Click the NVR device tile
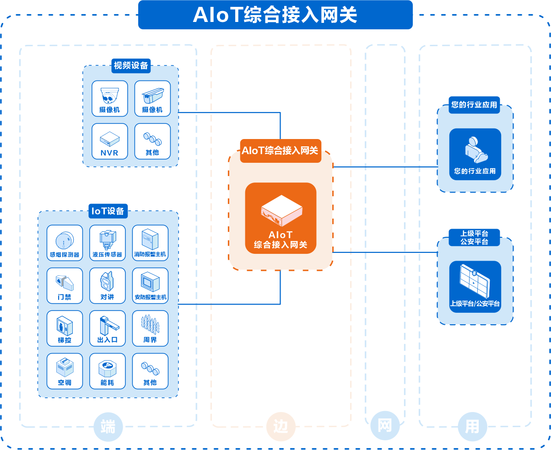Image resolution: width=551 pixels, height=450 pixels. [109, 141]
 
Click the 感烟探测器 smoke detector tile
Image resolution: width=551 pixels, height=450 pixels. [65, 243]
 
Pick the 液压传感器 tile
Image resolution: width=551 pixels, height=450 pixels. [107, 243]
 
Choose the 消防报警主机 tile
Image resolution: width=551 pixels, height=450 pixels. [150, 243]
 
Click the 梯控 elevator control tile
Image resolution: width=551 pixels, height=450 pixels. [65, 328]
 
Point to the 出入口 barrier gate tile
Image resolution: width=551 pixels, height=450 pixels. [107, 328]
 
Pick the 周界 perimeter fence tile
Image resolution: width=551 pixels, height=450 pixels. [150, 328]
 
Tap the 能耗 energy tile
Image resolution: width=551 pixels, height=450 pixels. [107, 371]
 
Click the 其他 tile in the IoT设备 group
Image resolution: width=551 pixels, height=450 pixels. [150, 371]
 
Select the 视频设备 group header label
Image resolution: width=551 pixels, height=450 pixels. [131, 66]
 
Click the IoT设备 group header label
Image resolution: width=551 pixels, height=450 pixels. [108, 211]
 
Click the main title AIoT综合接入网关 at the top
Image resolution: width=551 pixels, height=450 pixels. [275, 15]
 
